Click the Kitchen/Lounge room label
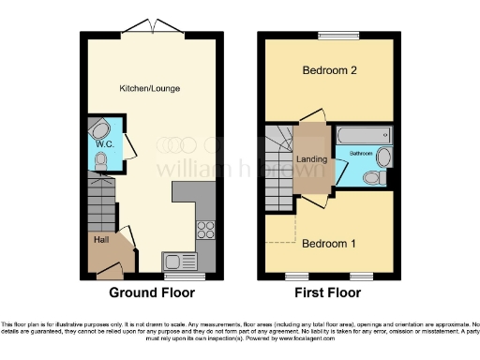pyautogui.click(x=149, y=88)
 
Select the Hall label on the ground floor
pyautogui.click(x=101, y=239)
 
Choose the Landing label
pyautogui.click(x=311, y=158)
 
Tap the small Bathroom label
pyautogui.click(x=362, y=151)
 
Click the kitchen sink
pyautogui.click(x=177, y=262)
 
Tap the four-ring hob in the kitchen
pyautogui.click(x=205, y=227)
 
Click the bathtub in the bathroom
pyautogui.click(x=364, y=134)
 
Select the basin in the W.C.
pyautogui.click(x=99, y=128)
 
